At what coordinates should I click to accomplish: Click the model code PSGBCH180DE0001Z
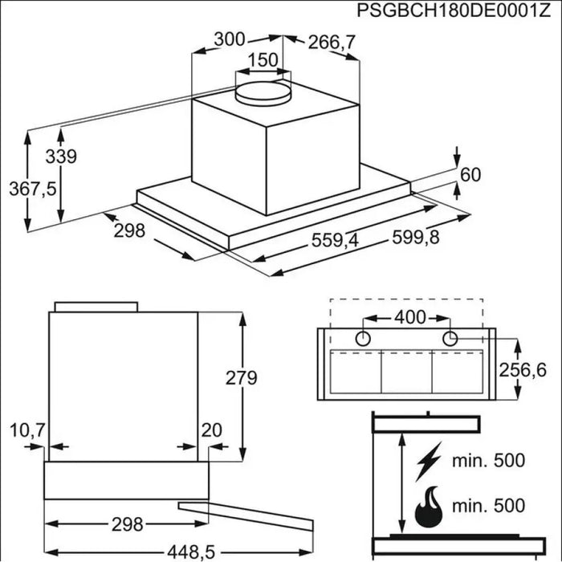pos(454,10)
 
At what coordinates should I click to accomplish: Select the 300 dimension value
pos(230,39)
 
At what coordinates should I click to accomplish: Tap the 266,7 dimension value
pos(332,43)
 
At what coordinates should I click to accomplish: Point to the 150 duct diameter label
pos(263,60)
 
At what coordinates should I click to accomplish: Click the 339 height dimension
pos(61,157)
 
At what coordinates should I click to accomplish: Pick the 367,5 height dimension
pos(33,189)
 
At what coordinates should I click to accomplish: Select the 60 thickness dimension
pos(470,174)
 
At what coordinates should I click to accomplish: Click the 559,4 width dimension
pos(335,240)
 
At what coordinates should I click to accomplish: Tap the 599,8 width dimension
pos(416,237)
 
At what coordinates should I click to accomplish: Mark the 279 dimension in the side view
pos(241,378)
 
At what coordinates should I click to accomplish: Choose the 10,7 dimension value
pos(27,430)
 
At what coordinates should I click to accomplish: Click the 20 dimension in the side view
pos(211,430)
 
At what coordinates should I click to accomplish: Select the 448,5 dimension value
pos(191,552)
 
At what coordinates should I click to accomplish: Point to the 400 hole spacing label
pos(410,317)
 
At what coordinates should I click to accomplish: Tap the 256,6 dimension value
pos(523,370)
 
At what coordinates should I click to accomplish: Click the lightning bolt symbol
pos(428,462)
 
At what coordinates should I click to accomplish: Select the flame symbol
pos(429,507)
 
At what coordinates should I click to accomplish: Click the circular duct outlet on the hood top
pos(263,94)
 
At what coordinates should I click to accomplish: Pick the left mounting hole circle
pos(363,338)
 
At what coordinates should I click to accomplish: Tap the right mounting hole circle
pos(450,338)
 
